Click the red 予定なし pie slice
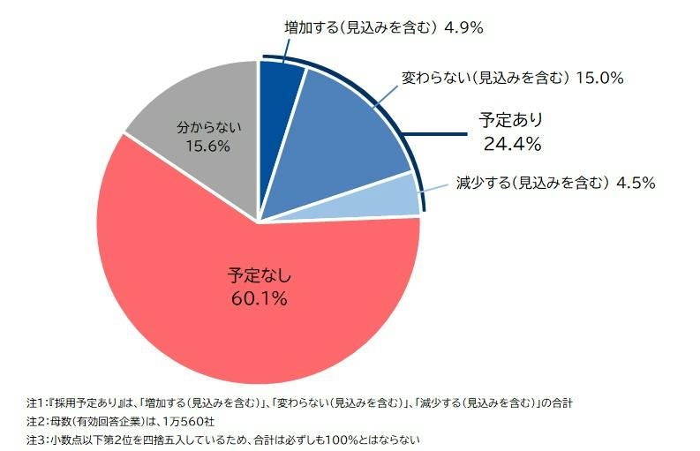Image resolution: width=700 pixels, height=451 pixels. click(x=250, y=304)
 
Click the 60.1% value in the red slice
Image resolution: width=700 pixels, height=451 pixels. click(x=259, y=298)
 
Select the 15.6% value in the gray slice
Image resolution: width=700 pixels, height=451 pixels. click(x=208, y=146)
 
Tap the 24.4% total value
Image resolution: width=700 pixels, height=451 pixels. click(x=512, y=144)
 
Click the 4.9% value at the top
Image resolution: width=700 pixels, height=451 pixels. click(x=463, y=27)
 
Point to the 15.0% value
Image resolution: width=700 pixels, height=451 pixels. click(x=599, y=79)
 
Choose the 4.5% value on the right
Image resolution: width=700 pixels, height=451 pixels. click(x=636, y=183)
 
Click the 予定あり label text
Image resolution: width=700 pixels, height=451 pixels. click(x=511, y=121)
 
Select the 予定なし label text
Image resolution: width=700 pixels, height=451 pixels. click(x=260, y=275)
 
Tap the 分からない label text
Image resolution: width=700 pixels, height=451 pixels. click(x=209, y=127)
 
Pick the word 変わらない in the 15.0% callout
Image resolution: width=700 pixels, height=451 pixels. click(x=435, y=79)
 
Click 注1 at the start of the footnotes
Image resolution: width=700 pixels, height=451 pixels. click(x=34, y=402)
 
